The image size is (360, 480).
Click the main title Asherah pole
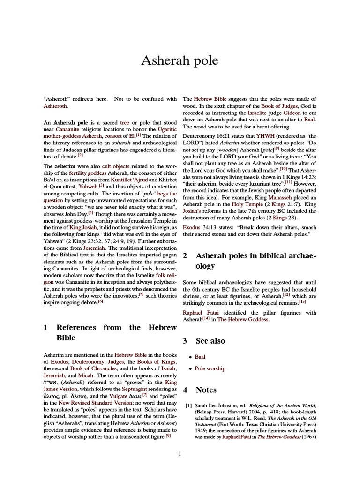point(180,60)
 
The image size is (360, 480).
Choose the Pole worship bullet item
point(210,368)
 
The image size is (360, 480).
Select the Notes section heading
point(206,390)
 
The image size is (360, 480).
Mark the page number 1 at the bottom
point(180,453)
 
